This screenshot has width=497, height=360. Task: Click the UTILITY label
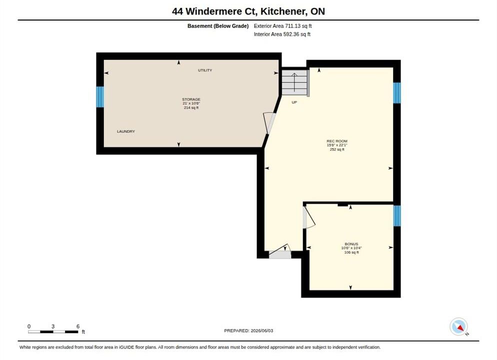tap(205, 70)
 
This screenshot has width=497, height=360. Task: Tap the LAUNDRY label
tap(126, 131)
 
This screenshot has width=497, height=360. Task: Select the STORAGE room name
tap(191, 99)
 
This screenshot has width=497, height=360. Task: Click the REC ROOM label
tap(337, 141)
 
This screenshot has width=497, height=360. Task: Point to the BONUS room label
tap(351, 244)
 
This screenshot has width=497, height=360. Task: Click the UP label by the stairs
tap(294, 102)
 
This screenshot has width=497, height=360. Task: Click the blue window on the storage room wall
tap(100, 96)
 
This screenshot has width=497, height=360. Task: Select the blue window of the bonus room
tap(397, 216)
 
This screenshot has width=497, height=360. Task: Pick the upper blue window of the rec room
tap(397, 93)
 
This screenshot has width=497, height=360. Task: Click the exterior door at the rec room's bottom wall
tap(280, 251)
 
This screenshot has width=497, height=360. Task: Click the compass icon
tap(458, 326)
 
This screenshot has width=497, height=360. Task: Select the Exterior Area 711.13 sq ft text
tap(282, 26)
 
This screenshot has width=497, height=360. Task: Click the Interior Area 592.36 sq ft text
tap(282, 34)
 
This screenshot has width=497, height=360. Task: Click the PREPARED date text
tap(248, 330)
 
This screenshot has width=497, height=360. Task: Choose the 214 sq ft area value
tap(191, 107)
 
